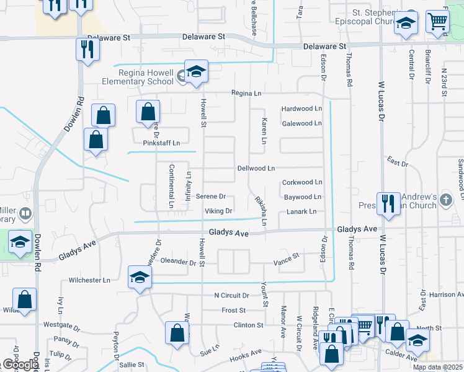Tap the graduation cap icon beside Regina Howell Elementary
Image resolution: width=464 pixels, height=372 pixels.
coord(196,73)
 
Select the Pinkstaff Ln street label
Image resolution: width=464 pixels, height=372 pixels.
coord(161,143)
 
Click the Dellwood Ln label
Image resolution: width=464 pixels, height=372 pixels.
coord(256,168)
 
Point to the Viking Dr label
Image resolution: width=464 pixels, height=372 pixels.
coord(218,211)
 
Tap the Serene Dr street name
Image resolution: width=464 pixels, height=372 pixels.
coord(210,197)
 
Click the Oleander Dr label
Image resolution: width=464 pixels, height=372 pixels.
coord(182,262)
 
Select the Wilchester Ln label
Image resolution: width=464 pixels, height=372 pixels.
coord(89,280)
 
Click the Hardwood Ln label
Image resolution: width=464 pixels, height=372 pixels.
coord(302,108)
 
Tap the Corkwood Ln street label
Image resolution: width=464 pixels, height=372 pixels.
coord(302,182)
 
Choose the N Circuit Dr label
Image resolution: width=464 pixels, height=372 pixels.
coord(231,296)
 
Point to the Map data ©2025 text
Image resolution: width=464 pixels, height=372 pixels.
coord(437,367)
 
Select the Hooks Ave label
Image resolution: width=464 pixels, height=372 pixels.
coord(246,356)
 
